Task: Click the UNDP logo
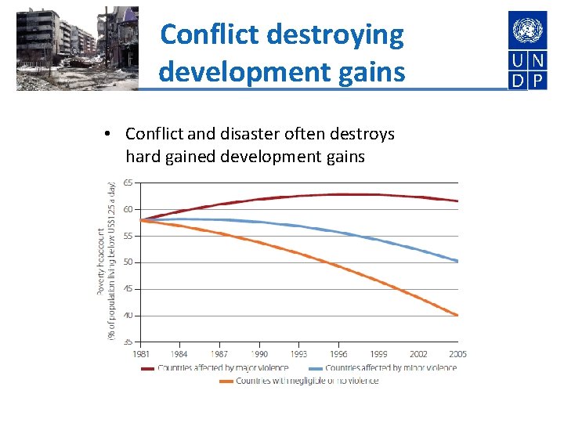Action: (527, 50)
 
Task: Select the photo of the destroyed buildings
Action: (77, 49)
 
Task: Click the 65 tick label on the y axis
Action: (128, 183)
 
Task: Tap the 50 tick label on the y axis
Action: (128, 262)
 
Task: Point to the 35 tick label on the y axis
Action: (128, 342)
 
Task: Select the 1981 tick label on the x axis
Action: (143, 355)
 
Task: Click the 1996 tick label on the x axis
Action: (339, 355)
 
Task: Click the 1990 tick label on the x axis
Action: (260, 355)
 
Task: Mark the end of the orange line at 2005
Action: (457, 315)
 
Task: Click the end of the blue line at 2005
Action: (457, 261)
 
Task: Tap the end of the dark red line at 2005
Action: (457, 201)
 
